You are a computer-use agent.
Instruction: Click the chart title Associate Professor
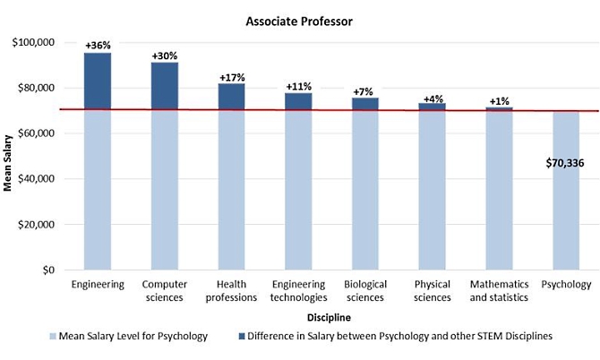299,16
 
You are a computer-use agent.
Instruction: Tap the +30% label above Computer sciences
164,56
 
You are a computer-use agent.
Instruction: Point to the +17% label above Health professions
231,77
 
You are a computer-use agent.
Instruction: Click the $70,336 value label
565,164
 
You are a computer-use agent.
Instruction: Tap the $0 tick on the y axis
48,270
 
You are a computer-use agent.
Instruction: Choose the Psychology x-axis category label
566,285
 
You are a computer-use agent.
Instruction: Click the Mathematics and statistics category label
500,291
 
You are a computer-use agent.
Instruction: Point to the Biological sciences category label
365,291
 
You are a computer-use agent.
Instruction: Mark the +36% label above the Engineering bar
97,45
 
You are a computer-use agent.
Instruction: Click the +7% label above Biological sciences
364,91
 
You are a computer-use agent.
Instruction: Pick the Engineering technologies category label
298,291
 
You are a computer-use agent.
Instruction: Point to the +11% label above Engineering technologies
298,86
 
